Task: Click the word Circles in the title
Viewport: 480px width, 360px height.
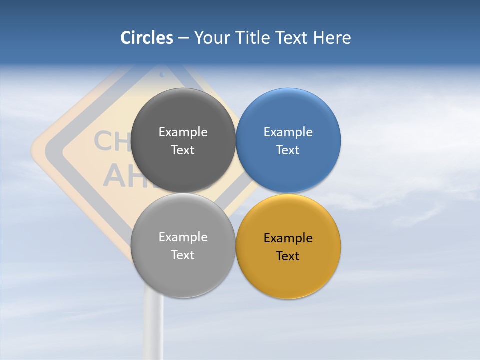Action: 147,38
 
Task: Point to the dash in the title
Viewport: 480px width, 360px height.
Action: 183,38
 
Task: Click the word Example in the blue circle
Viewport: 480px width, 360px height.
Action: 288,132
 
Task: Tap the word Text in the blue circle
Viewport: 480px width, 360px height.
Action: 288,150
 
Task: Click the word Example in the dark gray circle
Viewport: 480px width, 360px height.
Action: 183,132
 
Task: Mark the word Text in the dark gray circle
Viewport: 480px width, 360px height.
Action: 183,150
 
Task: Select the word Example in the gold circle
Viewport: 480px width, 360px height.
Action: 288,238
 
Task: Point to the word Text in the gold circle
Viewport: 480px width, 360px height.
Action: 288,256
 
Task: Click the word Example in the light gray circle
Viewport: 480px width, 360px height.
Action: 183,237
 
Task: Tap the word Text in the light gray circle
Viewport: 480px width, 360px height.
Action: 183,255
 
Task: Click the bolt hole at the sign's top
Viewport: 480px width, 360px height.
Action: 162,75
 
